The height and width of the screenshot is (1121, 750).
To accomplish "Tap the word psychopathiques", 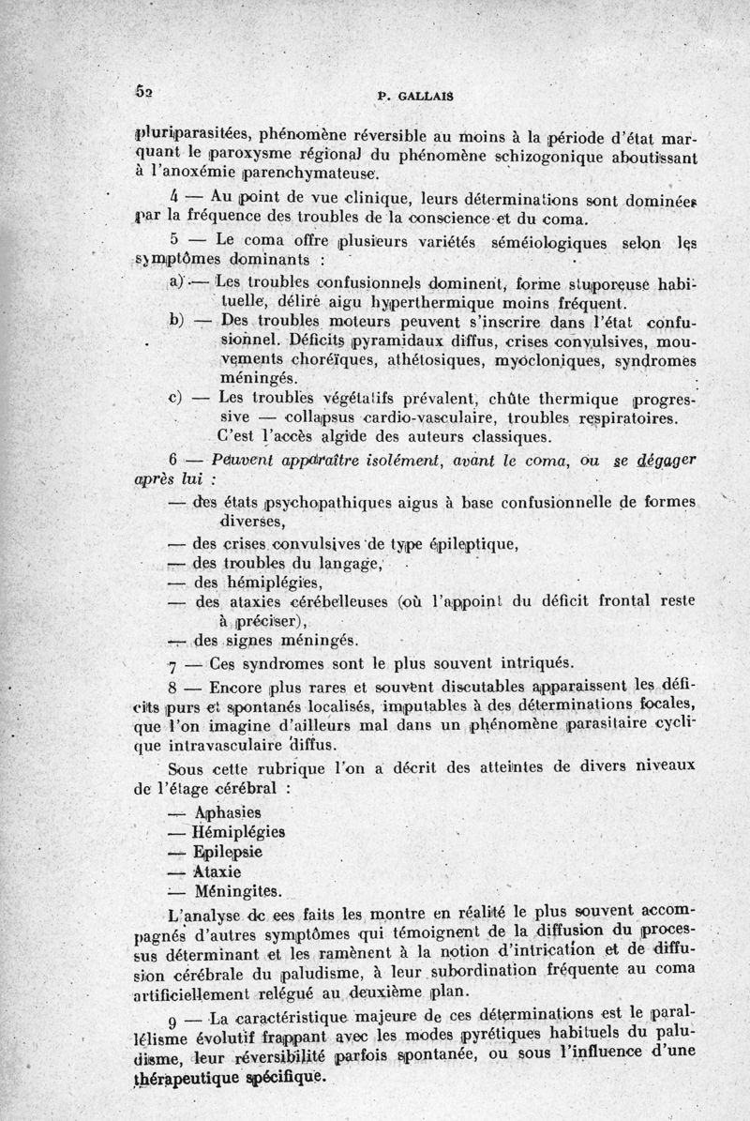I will coord(337,502).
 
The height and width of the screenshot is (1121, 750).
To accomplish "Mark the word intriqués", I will coord(550,662).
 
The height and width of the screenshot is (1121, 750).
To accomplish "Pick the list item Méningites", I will coord(237,891).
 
